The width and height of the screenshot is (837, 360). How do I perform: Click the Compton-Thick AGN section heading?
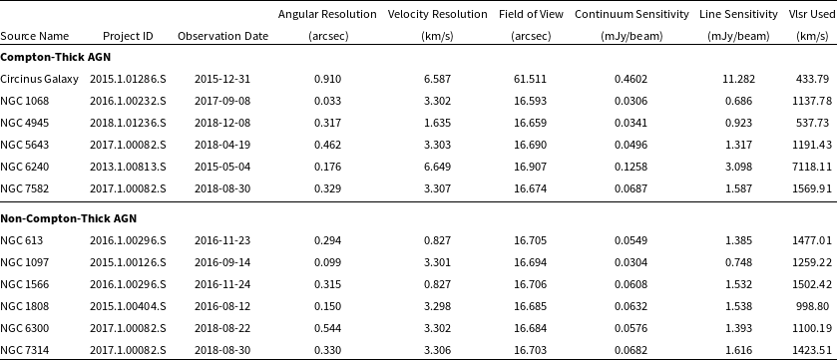coord(47,57)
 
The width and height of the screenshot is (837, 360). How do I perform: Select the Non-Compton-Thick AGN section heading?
coord(68,217)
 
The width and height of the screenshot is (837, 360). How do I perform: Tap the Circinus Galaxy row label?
coord(40,79)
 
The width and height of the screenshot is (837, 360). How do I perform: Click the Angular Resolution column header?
coord(327,15)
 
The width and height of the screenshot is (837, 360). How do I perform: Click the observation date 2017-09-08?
coord(222,101)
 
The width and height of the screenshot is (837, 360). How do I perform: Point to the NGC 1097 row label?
coord(24,262)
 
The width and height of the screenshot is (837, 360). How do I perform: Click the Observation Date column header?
coord(222,36)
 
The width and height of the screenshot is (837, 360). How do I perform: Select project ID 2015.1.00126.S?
coord(128,262)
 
